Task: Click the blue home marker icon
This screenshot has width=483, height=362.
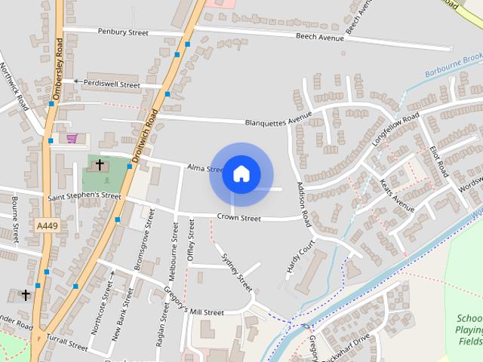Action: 241,174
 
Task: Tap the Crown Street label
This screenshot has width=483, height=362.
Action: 238,218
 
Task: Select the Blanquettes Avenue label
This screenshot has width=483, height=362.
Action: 278,120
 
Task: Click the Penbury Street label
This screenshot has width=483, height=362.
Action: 123,32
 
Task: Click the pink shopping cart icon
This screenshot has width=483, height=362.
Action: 72,138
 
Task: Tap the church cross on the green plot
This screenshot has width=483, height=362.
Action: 100,163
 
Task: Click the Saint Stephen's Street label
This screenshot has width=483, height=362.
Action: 84,196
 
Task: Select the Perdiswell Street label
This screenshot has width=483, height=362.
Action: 111,84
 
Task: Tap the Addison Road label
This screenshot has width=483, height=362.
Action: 303,204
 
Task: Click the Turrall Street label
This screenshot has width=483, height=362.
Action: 68,343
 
